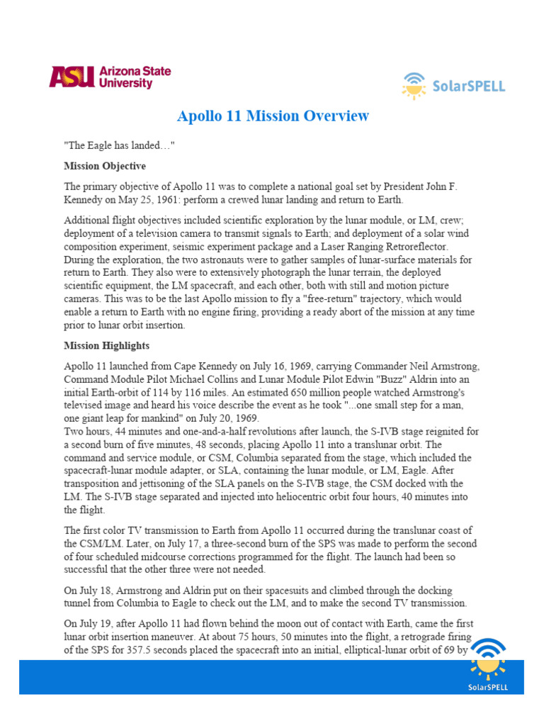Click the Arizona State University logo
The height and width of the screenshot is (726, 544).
110,77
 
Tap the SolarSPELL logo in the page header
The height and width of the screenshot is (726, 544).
453,86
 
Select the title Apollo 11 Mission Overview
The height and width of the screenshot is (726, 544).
273,116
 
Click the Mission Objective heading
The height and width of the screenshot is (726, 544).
105,166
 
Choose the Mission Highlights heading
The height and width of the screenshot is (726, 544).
106,346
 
